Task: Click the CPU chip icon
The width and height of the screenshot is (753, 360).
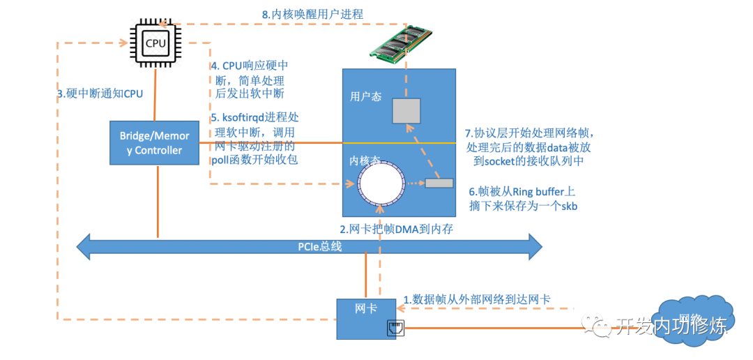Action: [x=155, y=43]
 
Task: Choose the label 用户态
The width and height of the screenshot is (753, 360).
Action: [x=365, y=98]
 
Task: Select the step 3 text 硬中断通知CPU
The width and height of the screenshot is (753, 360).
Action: [x=100, y=93]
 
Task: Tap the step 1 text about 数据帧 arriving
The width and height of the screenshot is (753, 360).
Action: [x=477, y=299]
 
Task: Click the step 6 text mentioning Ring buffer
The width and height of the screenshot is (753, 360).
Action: [x=522, y=199]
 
